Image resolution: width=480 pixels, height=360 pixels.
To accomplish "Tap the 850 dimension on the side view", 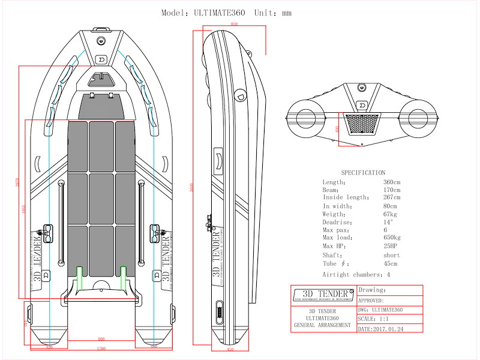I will [x=234, y=24].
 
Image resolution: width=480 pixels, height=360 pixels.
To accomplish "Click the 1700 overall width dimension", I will [x=101, y=348].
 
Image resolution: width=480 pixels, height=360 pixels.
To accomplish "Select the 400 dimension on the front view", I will [x=337, y=128].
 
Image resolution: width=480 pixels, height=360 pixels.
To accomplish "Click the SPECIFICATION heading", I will [x=363, y=173].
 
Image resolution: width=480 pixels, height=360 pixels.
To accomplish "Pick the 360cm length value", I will [x=392, y=182].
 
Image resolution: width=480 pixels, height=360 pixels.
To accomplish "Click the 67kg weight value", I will [x=390, y=214].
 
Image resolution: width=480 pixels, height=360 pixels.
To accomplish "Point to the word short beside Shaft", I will [x=391, y=255].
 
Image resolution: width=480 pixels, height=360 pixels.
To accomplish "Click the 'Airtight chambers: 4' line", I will [x=356, y=274].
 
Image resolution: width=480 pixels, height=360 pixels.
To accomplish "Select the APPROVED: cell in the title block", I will [x=371, y=300].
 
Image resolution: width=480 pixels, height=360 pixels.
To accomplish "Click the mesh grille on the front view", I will [x=363, y=125].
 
